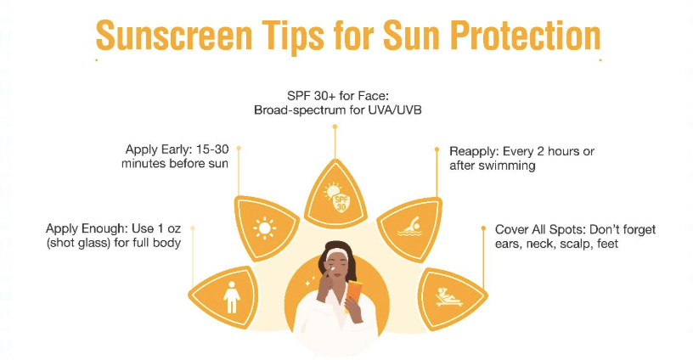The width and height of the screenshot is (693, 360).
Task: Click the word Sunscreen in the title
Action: tap(174, 36)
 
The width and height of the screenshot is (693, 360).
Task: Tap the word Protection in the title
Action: tap(526, 36)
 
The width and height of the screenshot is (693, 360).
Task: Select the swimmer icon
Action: tap(410, 227)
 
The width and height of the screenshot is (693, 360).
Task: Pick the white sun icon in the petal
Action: tap(264, 228)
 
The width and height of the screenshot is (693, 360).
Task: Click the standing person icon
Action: tap(232, 297)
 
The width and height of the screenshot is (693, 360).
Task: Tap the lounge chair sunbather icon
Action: tap(448, 297)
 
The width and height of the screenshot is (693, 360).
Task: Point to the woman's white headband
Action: tap(337, 254)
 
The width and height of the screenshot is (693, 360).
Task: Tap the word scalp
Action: tap(574, 244)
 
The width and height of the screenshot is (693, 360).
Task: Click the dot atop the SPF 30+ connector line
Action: tap(335, 127)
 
